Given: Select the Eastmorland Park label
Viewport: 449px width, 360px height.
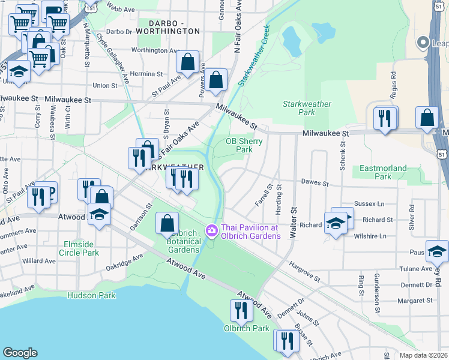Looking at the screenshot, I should tap(383, 172).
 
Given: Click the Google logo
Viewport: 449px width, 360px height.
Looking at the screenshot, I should tap(20, 352).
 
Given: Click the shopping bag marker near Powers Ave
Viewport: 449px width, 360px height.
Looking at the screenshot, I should tap(216, 79).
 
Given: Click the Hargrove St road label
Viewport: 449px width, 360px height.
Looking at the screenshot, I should tap(304, 271).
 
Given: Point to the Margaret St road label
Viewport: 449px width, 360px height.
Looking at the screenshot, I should tap(417, 300).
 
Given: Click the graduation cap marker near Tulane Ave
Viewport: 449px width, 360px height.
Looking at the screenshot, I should tap(437, 251).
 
